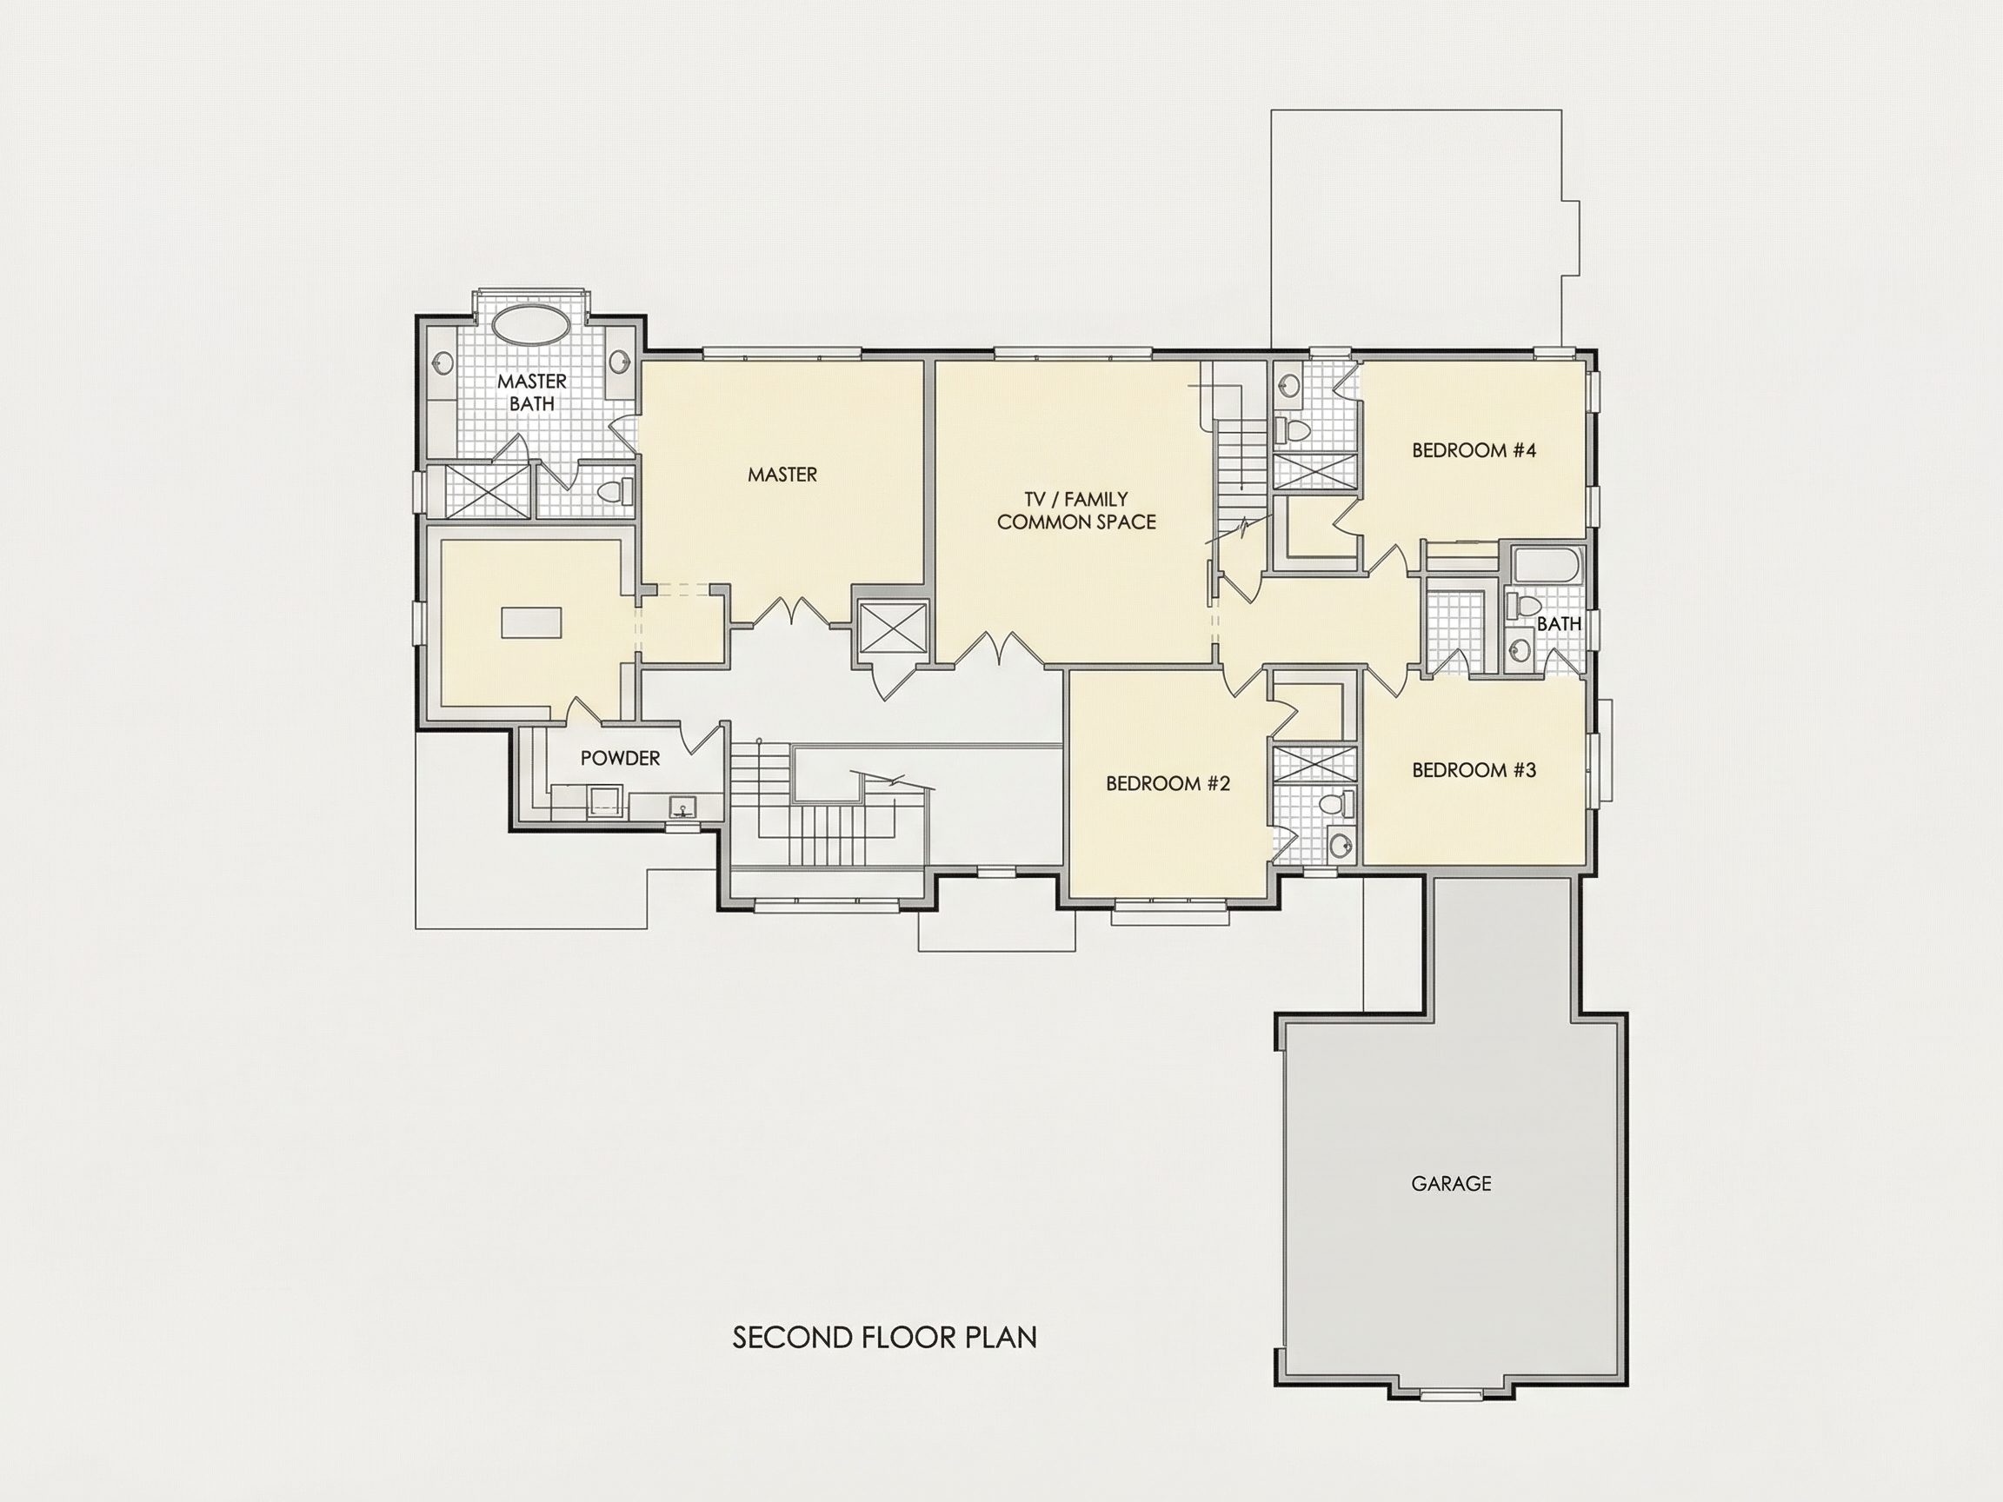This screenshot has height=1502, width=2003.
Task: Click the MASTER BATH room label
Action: (x=531, y=392)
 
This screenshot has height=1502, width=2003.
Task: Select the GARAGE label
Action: (x=1451, y=1182)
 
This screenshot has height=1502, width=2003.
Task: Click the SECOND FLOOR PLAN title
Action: (x=885, y=1336)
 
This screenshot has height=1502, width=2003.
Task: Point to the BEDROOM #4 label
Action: (x=1474, y=450)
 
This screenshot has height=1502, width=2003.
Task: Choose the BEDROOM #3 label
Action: (x=1474, y=769)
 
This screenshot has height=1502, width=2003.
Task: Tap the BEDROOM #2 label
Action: (x=1168, y=783)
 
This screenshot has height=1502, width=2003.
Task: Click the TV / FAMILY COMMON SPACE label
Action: (x=1076, y=509)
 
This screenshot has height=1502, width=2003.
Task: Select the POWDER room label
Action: (x=620, y=758)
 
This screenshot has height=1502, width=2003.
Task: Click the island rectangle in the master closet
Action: (x=531, y=622)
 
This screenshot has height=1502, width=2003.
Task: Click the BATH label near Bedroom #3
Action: (x=1560, y=623)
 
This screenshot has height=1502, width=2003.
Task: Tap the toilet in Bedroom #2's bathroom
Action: (x=1333, y=802)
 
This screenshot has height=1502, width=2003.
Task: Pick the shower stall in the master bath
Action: (x=477, y=491)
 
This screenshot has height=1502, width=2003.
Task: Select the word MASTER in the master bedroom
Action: (x=782, y=474)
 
